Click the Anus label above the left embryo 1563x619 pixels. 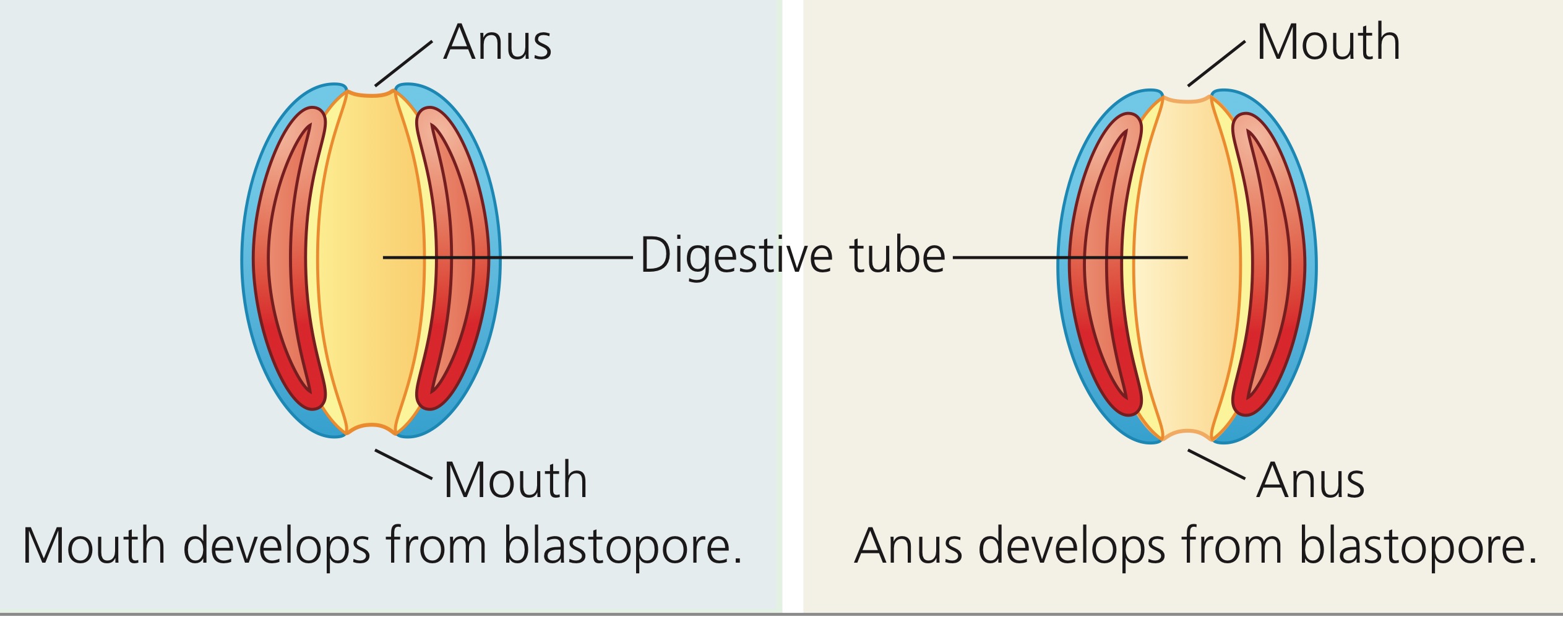(x=497, y=43)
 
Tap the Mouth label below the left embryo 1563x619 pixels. (x=515, y=480)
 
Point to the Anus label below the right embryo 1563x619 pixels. (x=1311, y=480)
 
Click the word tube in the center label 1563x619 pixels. (x=898, y=254)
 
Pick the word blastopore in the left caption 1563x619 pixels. (x=622, y=546)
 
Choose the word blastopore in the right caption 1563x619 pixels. (x=1417, y=546)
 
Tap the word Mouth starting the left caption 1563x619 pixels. (x=93, y=546)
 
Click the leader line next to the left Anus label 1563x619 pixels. (x=403, y=64)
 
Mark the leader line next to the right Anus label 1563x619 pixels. (x=1216, y=464)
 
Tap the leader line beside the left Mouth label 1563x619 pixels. (x=403, y=464)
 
